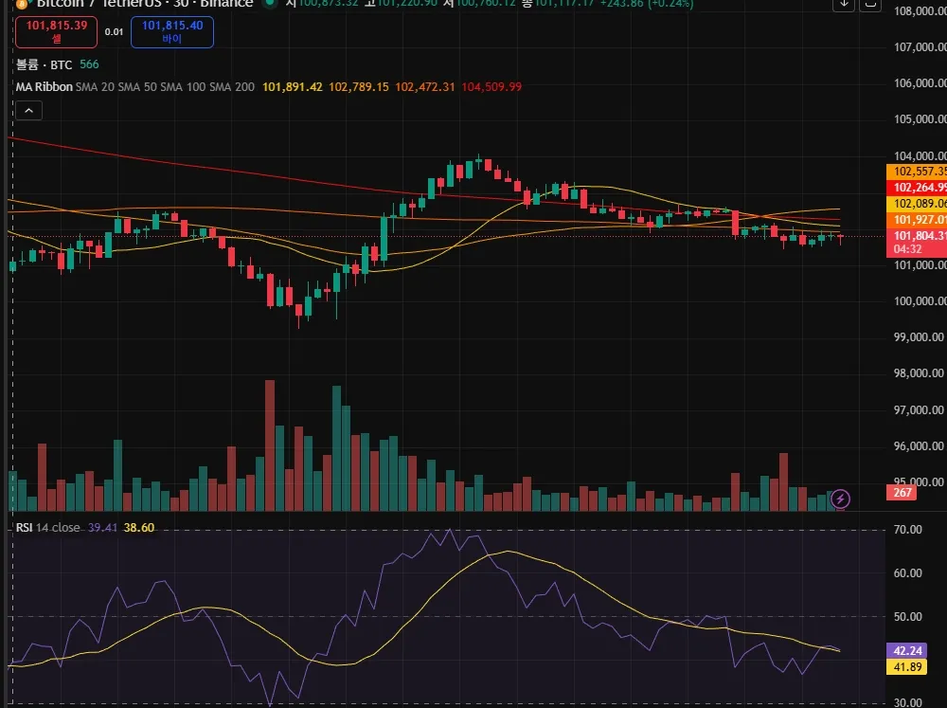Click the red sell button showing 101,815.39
click(57, 32)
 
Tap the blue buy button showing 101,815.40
click(171, 32)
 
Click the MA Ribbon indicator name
click(43, 87)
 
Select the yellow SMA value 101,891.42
click(293, 87)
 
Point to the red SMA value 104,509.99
click(487, 87)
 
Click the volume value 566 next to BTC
click(89, 64)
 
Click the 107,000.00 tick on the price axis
click(920, 47)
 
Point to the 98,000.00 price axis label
click(920, 373)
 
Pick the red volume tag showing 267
click(902, 492)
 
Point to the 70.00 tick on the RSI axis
click(909, 529)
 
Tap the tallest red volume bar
click(270, 445)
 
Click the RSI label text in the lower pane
click(24, 527)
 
